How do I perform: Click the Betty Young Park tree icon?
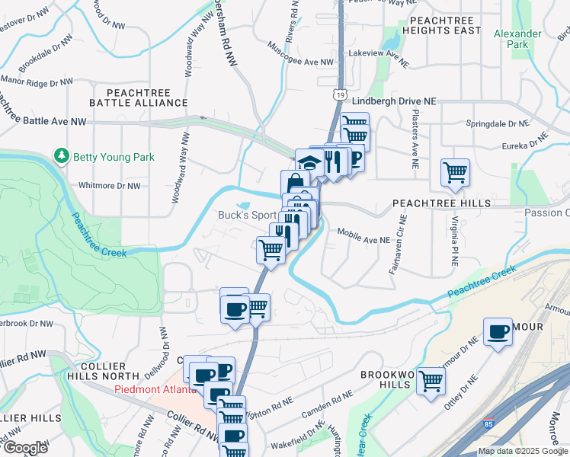coord(62,157)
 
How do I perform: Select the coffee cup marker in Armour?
coord(498,331)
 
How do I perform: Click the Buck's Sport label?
coord(247,216)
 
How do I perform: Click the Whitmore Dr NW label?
coord(110,185)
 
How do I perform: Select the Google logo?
coord(26,448)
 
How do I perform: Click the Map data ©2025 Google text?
coord(523,451)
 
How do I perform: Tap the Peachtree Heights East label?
coord(445,24)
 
